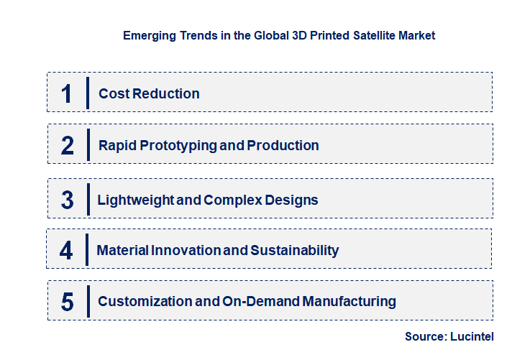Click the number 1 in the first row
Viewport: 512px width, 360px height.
pos(67,93)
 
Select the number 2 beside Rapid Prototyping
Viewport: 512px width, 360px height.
pos(68,146)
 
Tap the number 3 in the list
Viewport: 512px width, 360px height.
pos(68,200)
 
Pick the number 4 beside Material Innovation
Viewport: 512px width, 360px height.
pos(67,251)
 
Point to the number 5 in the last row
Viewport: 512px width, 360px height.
pos(68,302)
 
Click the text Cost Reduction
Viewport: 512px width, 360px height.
pos(149,93)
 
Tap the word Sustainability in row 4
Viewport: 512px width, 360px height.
pos(294,250)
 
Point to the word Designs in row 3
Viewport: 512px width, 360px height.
pos(291,199)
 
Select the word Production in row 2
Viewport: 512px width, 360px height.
pos(283,145)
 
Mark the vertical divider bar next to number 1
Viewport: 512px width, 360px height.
pos(87,93)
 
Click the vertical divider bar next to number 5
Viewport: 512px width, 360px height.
pos(87,301)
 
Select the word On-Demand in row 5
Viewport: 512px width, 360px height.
pos(264,301)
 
